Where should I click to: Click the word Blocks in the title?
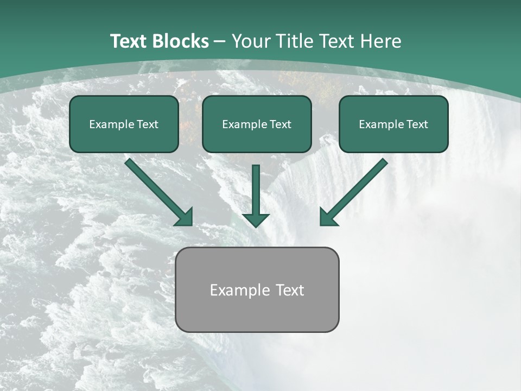pyautogui.click(x=181, y=41)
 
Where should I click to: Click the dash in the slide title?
pyautogui.click(x=220, y=41)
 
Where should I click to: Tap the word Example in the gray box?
pyautogui.click(x=236, y=290)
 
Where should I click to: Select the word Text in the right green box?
pyautogui.click(x=417, y=124)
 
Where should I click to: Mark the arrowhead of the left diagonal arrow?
pyautogui.click(x=185, y=217)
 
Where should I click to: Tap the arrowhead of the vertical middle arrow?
pyautogui.click(x=256, y=220)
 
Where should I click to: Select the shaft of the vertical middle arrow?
pyautogui.click(x=256, y=187)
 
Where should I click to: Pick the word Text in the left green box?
pyautogui.click(x=148, y=124)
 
